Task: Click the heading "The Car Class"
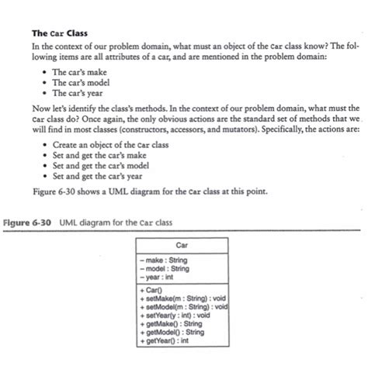pos(59,33)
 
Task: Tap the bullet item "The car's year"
pos(82,93)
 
